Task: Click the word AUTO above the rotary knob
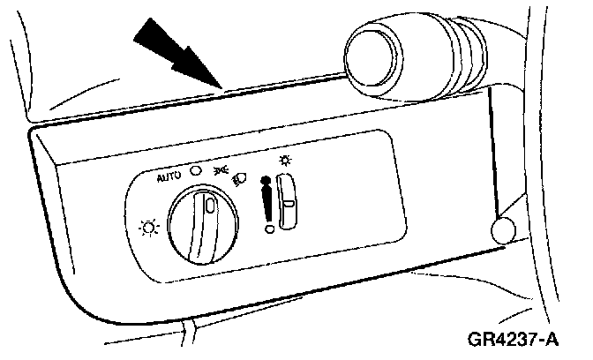click(168, 176)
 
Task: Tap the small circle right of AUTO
click(195, 171)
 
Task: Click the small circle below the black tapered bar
click(268, 229)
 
